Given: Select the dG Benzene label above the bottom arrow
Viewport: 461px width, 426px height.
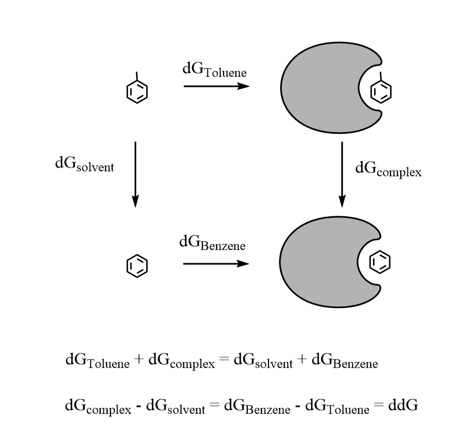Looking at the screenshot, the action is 212,243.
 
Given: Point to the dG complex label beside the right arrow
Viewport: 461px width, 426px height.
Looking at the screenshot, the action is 388,170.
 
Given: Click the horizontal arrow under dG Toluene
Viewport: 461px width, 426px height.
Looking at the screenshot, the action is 217,86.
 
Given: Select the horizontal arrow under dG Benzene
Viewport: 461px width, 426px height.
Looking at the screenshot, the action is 216,264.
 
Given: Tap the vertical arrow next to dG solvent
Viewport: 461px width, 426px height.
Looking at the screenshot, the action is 135,174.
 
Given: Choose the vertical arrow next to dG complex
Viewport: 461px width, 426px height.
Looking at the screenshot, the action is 342,174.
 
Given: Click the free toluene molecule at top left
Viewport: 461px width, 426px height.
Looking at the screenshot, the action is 137,88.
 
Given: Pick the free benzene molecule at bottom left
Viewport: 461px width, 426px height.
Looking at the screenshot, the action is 137,266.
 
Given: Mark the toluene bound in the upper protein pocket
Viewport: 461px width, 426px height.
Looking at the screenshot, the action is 381,88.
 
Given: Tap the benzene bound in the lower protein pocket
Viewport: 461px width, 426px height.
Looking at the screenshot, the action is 380,262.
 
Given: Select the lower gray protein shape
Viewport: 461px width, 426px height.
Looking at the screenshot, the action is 318,262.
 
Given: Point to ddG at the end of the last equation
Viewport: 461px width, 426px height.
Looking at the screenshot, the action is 403,405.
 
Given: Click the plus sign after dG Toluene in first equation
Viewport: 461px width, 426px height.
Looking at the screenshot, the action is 139,359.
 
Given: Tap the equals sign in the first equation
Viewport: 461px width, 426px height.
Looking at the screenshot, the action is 224,359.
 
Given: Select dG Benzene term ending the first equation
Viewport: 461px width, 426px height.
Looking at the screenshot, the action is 345,361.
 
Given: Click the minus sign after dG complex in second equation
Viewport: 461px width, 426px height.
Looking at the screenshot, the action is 138,406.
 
